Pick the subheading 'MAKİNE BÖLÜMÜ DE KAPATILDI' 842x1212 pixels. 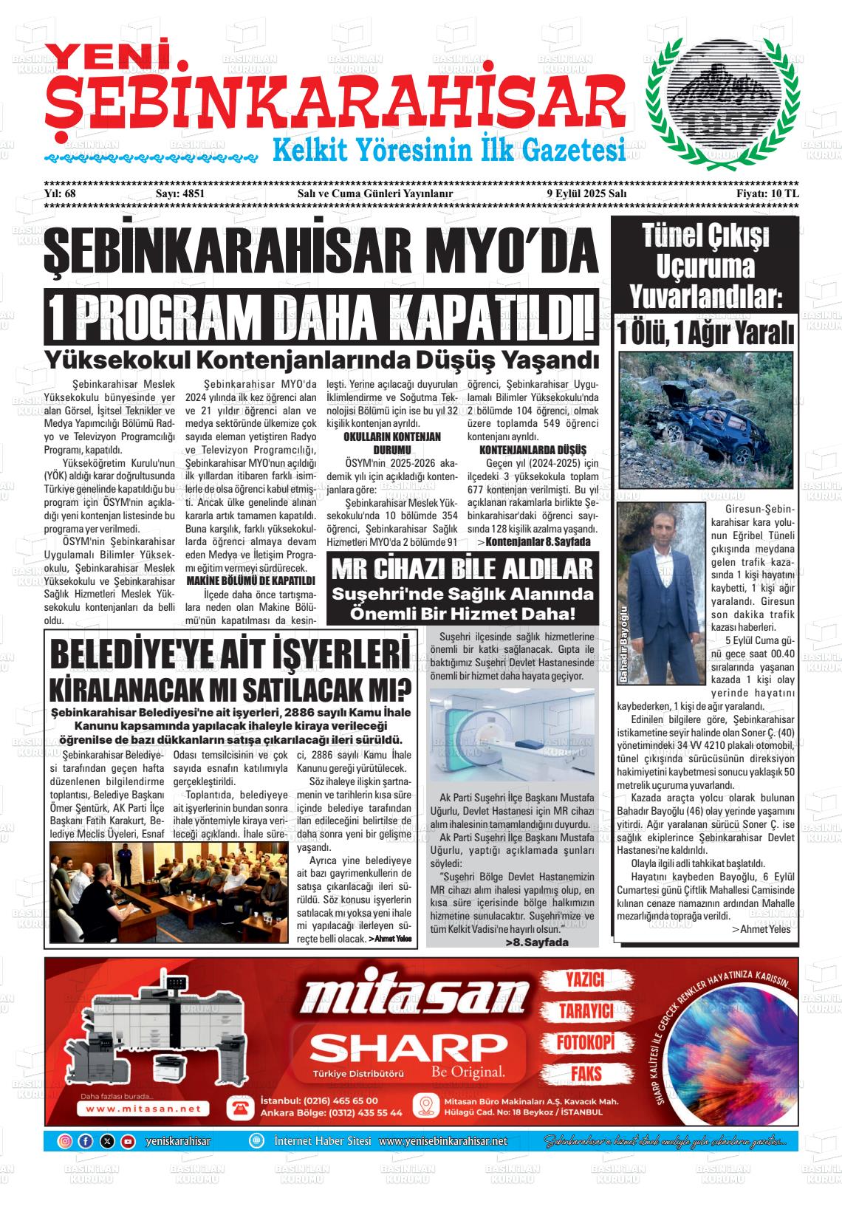click(251, 581)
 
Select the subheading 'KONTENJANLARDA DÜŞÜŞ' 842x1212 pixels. click(533, 450)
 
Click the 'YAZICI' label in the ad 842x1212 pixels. click(584, 980)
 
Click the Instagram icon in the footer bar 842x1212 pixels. click(65, 1141)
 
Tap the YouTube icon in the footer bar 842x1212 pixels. click(128, 1141)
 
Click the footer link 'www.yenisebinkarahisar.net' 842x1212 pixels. click(443, 1141)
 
